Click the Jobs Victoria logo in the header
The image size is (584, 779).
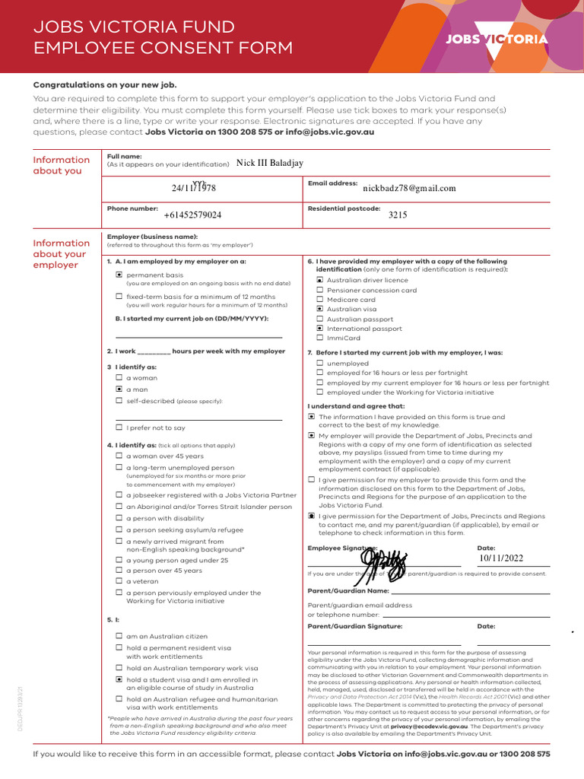coord(496,39)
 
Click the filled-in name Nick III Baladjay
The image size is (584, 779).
coord(270,162)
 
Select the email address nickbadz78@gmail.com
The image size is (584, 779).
coord(409,188)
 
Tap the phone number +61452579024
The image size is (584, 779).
coord(192,215)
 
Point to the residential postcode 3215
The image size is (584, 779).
coord(398,215)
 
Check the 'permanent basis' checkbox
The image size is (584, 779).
coord(119,274)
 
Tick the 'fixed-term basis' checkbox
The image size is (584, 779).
coord(119,296)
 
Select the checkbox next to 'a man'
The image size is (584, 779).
coord(119,389)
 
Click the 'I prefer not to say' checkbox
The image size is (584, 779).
coord(119,428)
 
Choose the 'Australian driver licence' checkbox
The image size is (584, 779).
coord(319,280)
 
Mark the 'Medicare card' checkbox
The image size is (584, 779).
coord(319,300)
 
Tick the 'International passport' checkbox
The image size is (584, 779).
coord(319,329)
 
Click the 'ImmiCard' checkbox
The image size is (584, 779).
coord(319,338)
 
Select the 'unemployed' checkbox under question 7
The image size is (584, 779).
coord(319,364)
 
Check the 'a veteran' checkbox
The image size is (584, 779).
coord(119,581)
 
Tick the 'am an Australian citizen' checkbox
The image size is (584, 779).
coord(119,636)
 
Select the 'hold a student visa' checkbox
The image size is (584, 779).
coord(119,679)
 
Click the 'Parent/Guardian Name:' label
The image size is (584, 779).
coord(348,590)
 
